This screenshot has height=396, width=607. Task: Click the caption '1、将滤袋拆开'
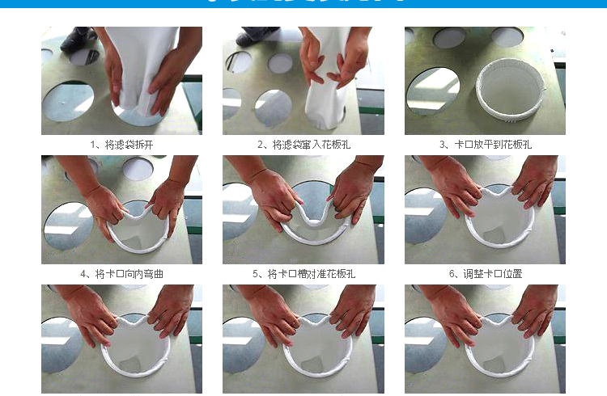121,145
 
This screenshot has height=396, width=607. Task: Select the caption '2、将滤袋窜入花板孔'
303,145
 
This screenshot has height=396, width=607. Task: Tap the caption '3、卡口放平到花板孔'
485,145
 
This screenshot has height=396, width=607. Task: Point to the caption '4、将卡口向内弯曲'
121,274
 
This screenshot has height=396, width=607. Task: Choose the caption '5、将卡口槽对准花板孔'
303,274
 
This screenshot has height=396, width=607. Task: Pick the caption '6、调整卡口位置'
485,274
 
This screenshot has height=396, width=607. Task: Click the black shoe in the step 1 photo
79,37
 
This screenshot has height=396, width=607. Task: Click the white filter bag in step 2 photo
328,81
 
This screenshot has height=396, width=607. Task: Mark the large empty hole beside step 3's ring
433,89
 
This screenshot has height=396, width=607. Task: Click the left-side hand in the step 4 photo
104,206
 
